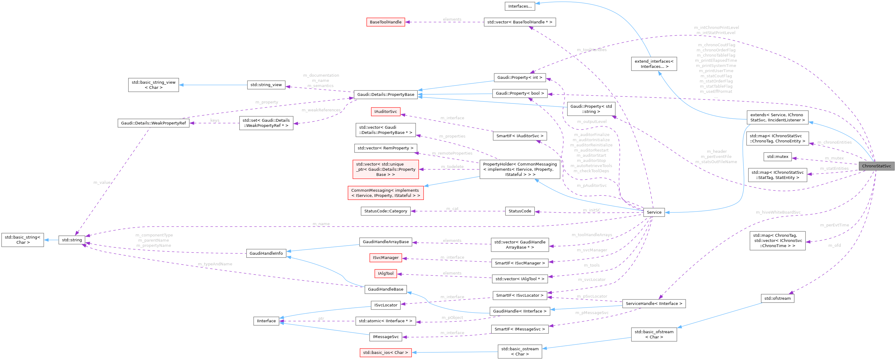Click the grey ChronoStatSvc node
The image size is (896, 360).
click(876, 166)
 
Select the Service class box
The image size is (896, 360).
click(654, 212)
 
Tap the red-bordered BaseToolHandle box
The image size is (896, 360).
click(385, 22)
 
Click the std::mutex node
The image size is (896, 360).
click(777, 156)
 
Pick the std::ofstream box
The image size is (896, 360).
click(777, 298)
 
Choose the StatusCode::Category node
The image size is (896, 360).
click(385, 211)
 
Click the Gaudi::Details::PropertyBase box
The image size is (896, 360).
click(385, 94)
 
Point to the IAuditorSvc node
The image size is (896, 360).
click(385, 112)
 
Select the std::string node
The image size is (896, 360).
click(72, 240)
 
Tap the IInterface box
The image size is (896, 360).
click(266, 321)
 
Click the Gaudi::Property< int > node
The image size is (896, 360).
click(519, 78)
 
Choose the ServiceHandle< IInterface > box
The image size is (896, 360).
click(654, 303)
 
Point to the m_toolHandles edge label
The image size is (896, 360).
click(591, 50)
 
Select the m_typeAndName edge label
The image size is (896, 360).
click(215, 264)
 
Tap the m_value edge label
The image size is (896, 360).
click(102, 182)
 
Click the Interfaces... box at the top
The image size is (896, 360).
click(520, 6)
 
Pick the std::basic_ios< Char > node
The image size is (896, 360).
click(385, 352)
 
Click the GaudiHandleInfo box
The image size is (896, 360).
click(266, 253)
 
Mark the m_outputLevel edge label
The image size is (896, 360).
click(592, 121)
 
